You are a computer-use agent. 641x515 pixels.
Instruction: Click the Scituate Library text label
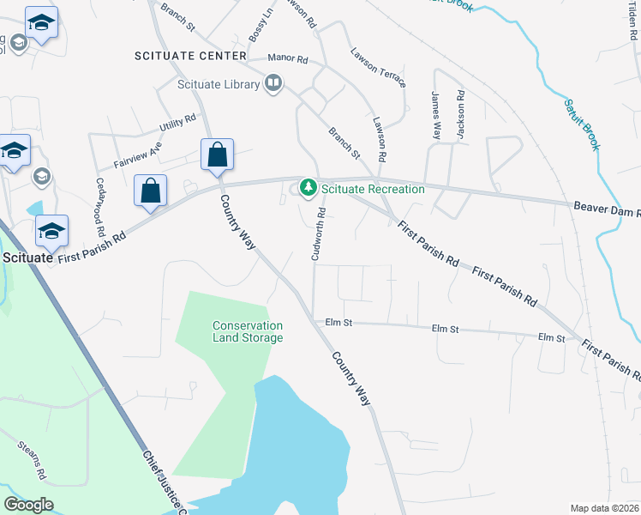point(219,84)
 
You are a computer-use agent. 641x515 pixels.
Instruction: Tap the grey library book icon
point(273,83)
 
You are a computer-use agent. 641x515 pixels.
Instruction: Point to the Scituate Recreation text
point(373,189)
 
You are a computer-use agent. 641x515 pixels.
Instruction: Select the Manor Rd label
point(287,58)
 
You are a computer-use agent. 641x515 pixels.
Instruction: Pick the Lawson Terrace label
point(377,67)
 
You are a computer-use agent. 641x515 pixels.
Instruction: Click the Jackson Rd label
point(460,115)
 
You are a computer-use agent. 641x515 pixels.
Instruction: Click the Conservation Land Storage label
point(248,331)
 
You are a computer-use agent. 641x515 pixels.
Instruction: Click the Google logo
point(28,505)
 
